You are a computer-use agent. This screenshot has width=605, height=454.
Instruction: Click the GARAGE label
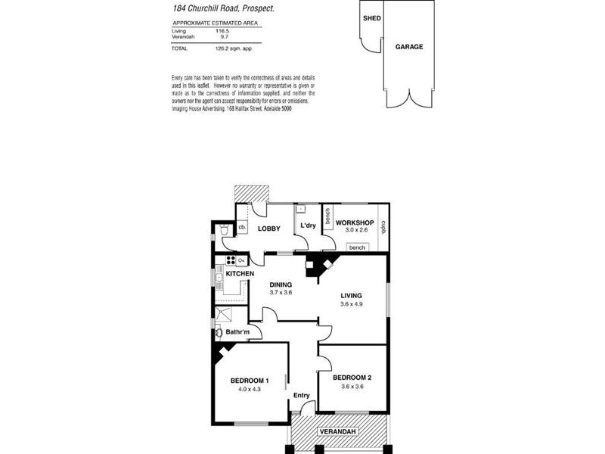coord(409,47)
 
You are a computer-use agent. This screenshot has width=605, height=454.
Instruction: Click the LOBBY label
coord(269,229)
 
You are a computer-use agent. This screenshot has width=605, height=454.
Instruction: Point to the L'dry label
coord(308,225)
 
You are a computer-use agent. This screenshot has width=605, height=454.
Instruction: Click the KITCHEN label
coord(229,273)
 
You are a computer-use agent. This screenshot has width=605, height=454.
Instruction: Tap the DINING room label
coord(281,285)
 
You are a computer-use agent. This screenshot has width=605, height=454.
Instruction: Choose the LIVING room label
coord(352,296)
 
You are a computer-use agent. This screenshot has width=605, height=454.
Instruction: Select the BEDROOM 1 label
coord(250,380)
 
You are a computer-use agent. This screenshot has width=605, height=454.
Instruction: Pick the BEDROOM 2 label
coord(352,377)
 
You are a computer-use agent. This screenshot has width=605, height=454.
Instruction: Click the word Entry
coord(302,394)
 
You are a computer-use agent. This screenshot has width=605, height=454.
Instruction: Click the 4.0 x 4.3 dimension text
coord(249,390)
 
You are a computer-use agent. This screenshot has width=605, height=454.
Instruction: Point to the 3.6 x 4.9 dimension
coord(352,305)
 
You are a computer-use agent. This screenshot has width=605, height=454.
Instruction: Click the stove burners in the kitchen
coord(229,261)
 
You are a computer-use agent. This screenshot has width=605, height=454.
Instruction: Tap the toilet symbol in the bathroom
coord(219,332)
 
